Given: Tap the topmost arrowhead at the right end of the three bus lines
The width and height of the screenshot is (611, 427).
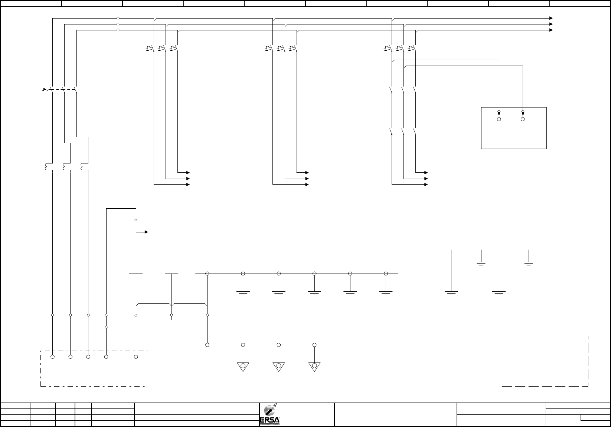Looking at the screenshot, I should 551,18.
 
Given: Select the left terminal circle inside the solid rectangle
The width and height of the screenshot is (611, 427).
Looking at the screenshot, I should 499,119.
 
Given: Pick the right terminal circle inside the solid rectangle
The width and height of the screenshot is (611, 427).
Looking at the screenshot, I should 523,119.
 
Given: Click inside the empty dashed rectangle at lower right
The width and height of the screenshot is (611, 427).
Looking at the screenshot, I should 543,361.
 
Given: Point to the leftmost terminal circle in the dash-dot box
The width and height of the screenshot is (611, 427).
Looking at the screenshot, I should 53,357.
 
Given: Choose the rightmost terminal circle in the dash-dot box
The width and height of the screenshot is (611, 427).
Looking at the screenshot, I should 136,357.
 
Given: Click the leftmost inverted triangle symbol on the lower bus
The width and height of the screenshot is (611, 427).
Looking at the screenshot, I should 243,366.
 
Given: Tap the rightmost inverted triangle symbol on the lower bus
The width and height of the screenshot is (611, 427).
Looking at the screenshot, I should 314,366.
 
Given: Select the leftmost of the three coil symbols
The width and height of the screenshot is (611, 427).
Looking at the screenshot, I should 47,168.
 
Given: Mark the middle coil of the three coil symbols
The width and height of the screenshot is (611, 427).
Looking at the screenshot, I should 65,168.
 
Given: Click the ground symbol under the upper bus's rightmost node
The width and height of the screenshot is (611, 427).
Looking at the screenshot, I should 386,292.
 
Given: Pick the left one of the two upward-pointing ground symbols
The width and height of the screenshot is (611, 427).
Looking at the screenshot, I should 136,272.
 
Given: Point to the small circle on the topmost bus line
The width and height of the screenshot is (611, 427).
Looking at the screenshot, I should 118,18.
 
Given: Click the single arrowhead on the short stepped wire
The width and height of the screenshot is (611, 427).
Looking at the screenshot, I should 147,232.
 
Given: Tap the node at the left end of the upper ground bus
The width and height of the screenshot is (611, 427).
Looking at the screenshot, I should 207,274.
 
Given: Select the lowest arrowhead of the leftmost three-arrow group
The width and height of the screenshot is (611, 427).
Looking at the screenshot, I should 188,185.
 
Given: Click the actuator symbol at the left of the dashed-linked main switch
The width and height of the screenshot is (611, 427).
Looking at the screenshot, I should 45,90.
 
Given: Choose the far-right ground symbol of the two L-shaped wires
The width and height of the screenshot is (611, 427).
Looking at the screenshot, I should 529,264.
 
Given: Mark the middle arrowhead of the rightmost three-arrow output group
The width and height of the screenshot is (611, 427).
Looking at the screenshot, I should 426,179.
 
